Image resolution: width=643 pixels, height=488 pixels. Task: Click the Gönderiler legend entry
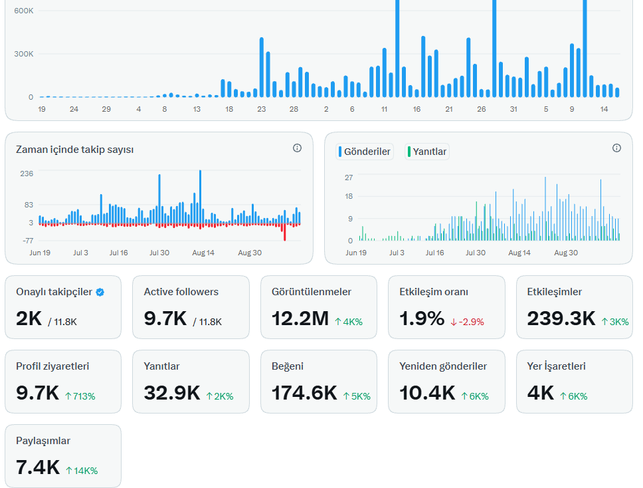click(365, 152)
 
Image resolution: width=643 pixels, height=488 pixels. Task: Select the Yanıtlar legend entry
click(427, 152)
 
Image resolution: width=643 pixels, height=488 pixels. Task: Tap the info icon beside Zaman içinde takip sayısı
click(298, 148)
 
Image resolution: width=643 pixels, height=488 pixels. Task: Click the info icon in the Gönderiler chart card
click(616, 148)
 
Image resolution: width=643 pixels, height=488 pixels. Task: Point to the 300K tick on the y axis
click(24, 54)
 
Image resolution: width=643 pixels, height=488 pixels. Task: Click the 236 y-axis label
click(27, 174)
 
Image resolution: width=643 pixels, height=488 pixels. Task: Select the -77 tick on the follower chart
click(28, 241)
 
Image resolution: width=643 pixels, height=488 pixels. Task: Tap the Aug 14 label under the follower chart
click(203, 253)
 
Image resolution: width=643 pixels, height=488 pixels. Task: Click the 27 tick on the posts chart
click(349, 178)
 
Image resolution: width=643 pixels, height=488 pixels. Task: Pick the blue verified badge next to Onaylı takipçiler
click(100, 293)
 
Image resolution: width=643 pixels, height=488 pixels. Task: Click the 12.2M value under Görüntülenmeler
click(300, 318)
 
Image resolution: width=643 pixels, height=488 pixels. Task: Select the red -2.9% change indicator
click(467, 322)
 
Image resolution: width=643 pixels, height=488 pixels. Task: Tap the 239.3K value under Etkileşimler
click(561, 318)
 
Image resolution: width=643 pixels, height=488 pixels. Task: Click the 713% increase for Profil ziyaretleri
click(80, 396)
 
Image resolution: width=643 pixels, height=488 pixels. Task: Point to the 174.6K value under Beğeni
click(304, 393)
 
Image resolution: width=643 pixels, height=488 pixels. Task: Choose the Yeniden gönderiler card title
click(443, 366)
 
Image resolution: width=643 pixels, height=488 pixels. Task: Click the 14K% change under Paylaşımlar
click(82, 471)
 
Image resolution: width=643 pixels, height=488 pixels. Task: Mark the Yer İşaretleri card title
click(557, 366)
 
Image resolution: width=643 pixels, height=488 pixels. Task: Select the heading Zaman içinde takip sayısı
click(74, 150)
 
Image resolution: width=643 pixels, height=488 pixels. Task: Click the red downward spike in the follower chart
click(284, 232)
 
